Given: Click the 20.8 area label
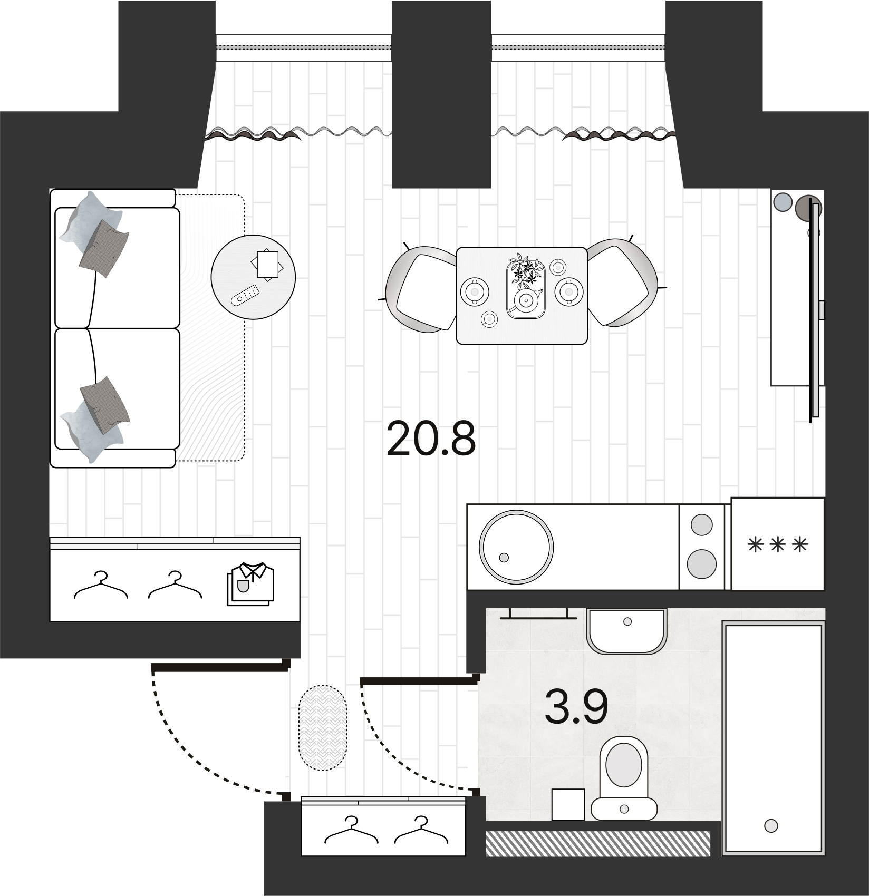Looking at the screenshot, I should (x=431, y=439).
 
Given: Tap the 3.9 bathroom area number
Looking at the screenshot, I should (x=576, y=707).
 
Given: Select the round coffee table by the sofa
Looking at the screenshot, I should (x=253, y=277).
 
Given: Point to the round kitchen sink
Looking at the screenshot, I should (x=516, y=547).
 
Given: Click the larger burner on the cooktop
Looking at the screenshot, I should (x=701, y=563).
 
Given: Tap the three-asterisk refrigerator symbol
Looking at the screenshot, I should (x=778, y=544).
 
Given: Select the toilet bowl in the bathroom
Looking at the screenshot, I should (x=624, y=765).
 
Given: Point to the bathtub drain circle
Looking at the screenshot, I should (x=771, y=825).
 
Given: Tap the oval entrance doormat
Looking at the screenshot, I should (x=323, y=727).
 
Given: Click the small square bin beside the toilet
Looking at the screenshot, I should (x=568, y=804).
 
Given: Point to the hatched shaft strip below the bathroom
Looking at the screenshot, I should (x=597, y=843).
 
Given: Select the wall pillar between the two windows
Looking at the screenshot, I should (x=441, y=95).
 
